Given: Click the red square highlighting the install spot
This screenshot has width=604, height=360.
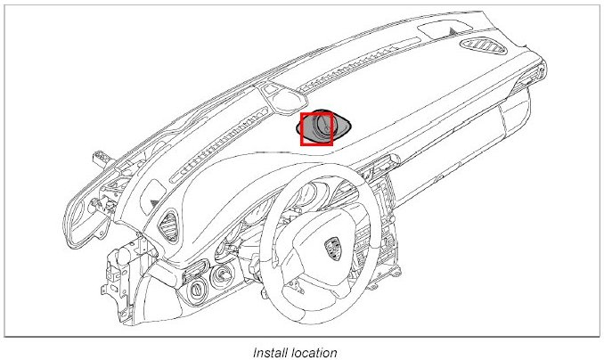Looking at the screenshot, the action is coord(316,129).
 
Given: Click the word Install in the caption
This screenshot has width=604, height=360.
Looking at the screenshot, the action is coord(267,352).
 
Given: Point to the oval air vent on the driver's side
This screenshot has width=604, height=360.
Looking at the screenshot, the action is coord(167,218).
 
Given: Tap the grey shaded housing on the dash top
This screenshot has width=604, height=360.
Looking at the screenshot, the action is coord(342,127).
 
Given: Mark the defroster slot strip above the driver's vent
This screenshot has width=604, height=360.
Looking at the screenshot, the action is coord(214,160).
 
